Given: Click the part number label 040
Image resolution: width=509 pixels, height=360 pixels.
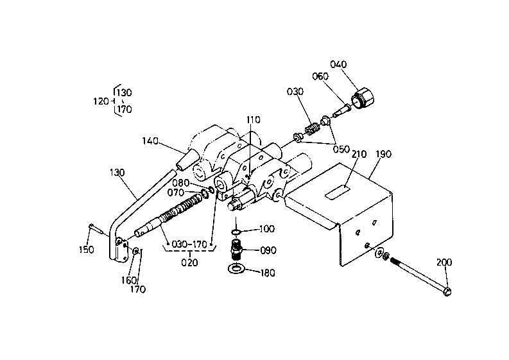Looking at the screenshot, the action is pos(338,64).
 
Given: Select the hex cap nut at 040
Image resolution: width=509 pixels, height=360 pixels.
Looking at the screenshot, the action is pos(363,98).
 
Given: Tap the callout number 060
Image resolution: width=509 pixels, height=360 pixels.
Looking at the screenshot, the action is pos(320,76).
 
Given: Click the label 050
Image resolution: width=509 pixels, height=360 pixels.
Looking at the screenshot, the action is pos(341,150).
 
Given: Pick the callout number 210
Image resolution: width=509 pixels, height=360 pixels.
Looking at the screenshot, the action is pos(359,154).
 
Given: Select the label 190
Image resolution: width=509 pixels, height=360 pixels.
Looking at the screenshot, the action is pos(383,154).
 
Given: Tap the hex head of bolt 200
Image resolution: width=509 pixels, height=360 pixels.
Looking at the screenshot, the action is pos(447,291).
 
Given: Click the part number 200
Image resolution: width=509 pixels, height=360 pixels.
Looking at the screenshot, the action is pos(444,262).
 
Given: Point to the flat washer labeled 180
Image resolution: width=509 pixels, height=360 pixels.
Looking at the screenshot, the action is pos(237,268).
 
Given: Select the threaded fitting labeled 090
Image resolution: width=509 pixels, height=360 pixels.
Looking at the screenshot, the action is pos(236,250).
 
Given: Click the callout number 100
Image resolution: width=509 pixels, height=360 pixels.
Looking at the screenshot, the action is pos(267,229).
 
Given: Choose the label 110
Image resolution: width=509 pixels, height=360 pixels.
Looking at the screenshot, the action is pos(253,120).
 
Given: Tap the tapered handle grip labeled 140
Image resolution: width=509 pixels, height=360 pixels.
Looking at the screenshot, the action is pos(187,160).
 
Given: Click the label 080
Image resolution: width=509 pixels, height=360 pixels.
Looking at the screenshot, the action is pos(180,182).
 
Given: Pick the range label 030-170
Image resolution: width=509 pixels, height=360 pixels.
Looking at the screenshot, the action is pos(189,244).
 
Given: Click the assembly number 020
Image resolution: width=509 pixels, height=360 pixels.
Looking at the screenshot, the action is pos(189,262).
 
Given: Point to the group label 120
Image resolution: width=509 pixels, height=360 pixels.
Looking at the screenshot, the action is pos(101,101).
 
